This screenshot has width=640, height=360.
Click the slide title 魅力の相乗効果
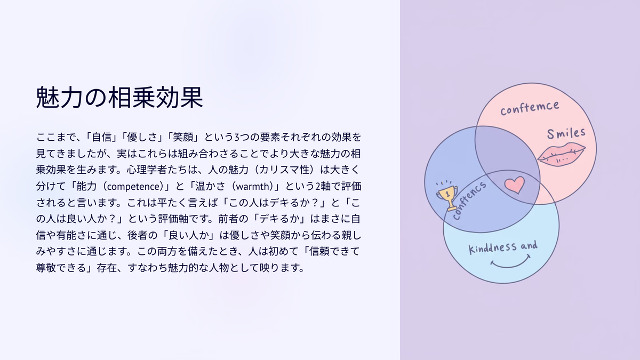(119, 98)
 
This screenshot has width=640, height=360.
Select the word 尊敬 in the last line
(46, 268)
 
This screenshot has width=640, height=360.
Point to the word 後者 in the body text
(138, 235)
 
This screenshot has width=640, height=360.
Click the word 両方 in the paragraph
(167, 251)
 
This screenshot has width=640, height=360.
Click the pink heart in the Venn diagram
(515, 185)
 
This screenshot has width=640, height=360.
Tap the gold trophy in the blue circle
(447, 196)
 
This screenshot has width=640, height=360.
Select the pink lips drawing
(562, 155)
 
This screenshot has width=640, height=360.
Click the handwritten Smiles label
(566, 133)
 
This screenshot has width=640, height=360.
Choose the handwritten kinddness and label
(503, 247)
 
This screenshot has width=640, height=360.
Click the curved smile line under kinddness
(510, 265)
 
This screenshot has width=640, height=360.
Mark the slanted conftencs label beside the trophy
(469, 201)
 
